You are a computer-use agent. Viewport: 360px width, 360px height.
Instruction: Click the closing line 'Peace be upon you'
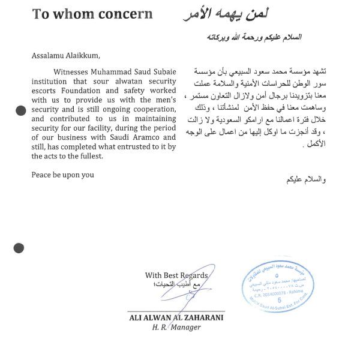[62, 175]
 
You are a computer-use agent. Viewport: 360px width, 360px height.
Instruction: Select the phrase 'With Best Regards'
[176, 275]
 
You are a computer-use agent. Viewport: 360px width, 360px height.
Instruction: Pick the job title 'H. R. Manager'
[176, 328]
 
